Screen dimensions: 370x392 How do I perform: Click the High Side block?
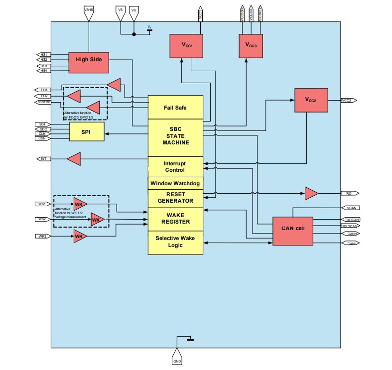point(88,60)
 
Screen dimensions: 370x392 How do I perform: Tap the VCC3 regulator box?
point(251,45)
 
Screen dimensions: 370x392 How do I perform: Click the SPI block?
point(87,132)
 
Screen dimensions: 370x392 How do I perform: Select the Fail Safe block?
point(175,107)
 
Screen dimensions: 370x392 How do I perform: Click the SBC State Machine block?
point(175,135)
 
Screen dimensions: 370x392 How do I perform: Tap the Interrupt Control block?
point(175,166)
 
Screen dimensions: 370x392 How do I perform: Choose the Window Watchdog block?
point(175,183)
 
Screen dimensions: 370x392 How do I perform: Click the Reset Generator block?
point(175,198)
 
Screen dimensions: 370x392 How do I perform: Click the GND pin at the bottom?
point(177,361)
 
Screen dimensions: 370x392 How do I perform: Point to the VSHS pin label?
point(88,9)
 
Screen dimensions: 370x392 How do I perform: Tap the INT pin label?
point(44,159)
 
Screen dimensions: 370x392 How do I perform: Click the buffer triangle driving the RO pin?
point(311,193)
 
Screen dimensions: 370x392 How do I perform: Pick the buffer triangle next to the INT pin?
point(74,159)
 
